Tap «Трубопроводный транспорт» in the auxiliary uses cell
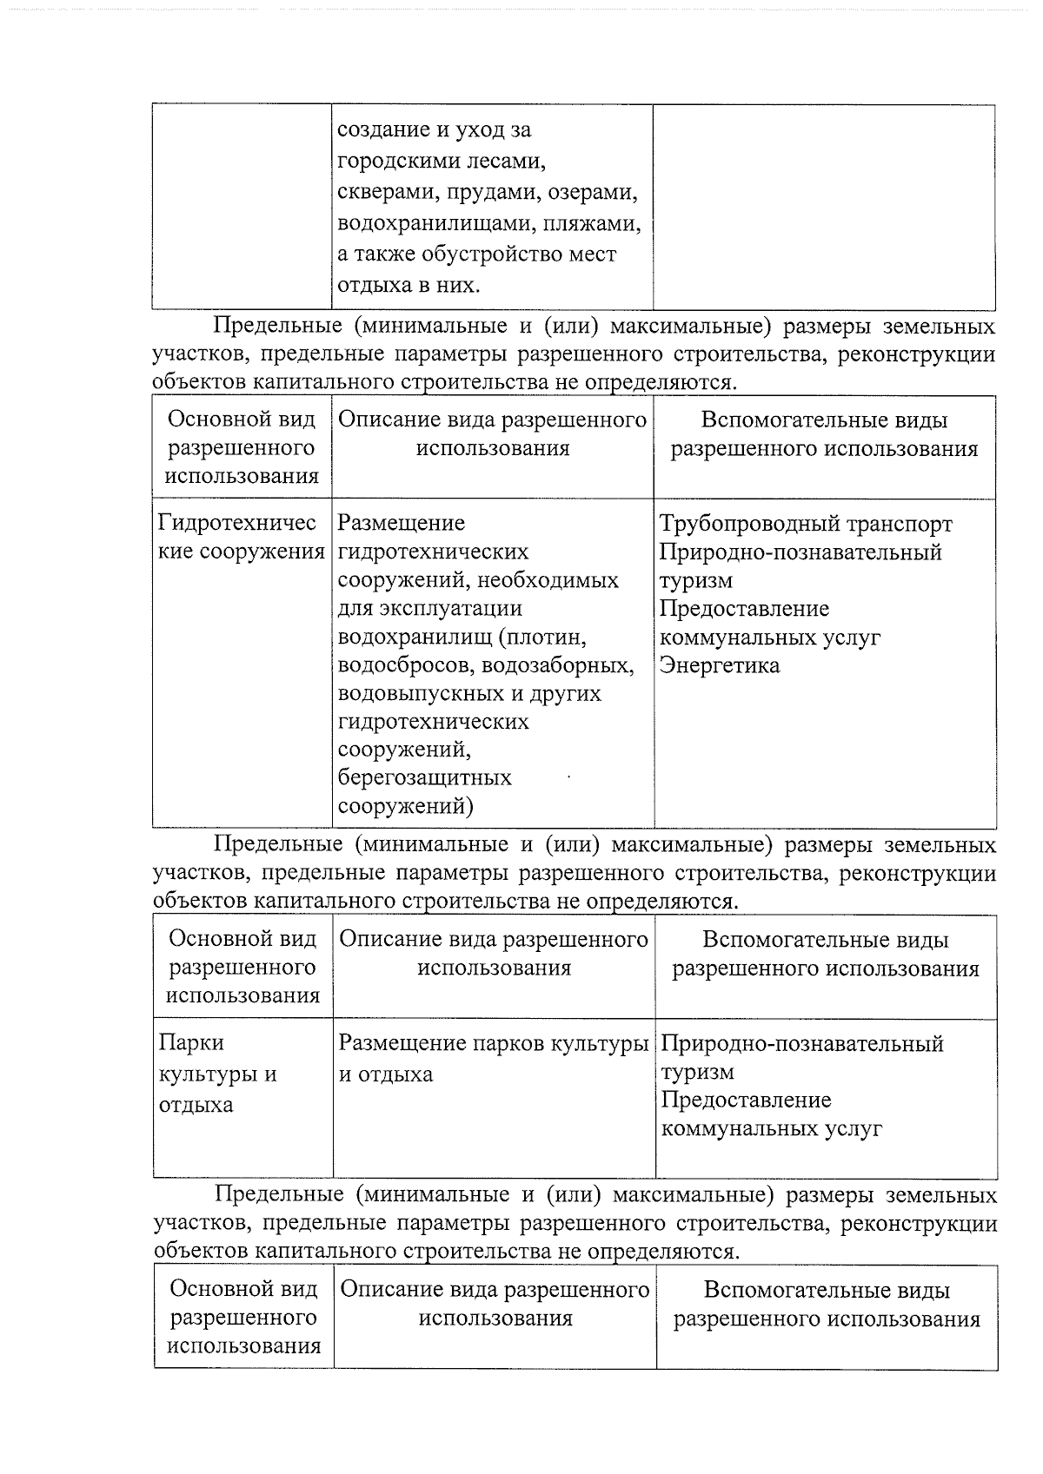(x=806, y=524)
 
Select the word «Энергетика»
(x=719, y=666)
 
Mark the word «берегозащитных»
(x=424, y=777)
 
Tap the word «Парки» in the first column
(x=190, y=1042)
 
